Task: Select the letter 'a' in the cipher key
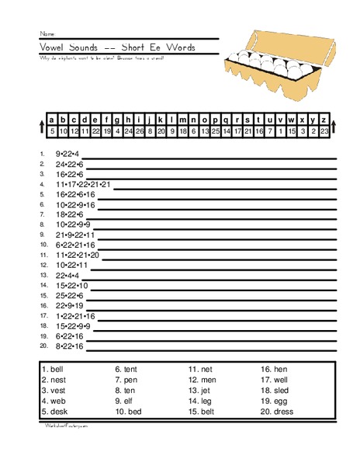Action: click(51, 120)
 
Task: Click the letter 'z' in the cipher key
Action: click(323, 120)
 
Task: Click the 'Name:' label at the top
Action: click(48, 34)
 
